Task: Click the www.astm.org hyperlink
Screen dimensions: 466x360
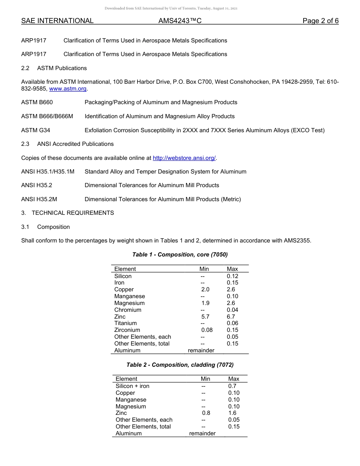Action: [x=68, y=89]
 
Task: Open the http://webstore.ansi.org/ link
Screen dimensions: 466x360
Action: [x=184, y=158]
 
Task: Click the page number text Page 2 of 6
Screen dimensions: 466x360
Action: [x=320, y=21]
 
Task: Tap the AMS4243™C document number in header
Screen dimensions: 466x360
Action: [x=180, y=21]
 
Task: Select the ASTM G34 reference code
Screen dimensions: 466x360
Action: [x=36, y=130]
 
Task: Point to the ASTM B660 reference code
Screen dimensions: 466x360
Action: [x=37, y=102]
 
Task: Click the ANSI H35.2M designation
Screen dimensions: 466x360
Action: [x=39, y=199]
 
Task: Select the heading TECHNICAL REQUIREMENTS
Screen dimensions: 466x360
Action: [x=73, y=213]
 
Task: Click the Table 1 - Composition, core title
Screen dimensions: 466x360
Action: [x=180, y=255]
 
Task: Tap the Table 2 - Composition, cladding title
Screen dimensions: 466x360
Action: [x=180, y=365]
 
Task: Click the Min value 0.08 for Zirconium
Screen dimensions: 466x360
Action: [x=207, y=330]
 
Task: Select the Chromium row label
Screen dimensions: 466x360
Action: [x=128, y=310]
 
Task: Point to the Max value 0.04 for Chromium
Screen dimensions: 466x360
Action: [x=232, y=310]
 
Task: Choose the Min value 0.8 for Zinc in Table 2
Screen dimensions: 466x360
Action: [x=206, y=413]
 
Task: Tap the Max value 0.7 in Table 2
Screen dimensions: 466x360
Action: [x=232, y=386]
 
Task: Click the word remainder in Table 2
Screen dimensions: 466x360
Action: [x=202, y=433]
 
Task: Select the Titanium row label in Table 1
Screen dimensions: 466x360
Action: [x=125, y=323]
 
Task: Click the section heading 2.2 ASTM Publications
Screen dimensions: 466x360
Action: [x=62, y=68]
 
